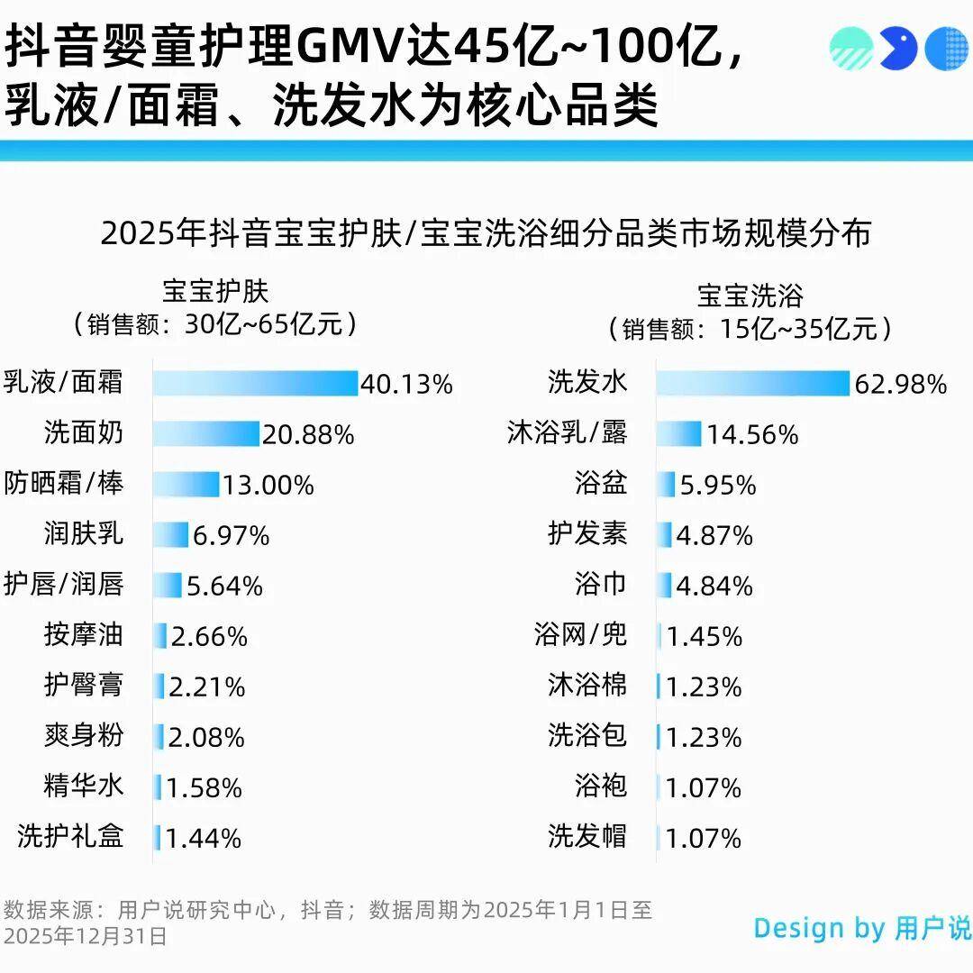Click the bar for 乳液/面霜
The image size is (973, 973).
tap(255, 383)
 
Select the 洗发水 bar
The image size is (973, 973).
tap(752, 383)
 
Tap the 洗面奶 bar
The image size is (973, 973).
tap(205, 434)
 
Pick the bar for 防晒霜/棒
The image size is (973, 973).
tap(186, 485)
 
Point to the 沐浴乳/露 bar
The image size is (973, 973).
tap(678, 434)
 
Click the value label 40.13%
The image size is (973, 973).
tap(406, 385)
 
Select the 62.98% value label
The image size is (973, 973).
tap(901, 385)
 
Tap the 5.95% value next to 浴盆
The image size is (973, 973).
tap(718, 486)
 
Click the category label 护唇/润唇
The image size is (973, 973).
tap(63, 585)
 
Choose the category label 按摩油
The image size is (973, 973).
tap(83, 635)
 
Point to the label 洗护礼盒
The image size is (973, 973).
tap(70, 836)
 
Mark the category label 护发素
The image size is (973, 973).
tap(587, 534)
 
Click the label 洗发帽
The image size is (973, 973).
tap(587, 836)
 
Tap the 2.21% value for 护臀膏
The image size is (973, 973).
tap(207, 687)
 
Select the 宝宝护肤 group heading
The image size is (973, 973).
tap(215, 291)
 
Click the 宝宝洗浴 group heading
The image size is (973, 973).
tap(750, 296)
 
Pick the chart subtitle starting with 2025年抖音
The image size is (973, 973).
tap(486, 233)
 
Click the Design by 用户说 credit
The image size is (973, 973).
tap(861, 928)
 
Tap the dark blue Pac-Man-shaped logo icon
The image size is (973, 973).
tap(898, 49)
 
